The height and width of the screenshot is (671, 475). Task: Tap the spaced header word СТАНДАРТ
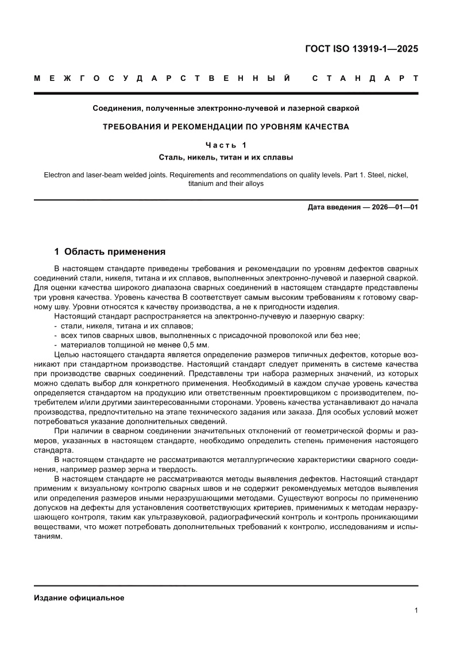coord(365,78)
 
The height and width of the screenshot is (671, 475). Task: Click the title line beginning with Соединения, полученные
coord(226,108)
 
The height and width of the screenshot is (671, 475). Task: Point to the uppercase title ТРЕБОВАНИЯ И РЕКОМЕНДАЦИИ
coord(226,126)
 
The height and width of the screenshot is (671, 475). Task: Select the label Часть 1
coord(226,145)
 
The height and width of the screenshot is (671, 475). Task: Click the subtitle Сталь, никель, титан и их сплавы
coord(226,156)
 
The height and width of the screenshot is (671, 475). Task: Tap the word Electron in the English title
coord(58,174)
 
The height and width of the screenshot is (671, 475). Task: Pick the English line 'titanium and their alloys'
coord(226,184)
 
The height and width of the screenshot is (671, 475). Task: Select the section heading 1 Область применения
coord(109,251)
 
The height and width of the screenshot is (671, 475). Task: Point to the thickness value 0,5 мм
coord(196,345)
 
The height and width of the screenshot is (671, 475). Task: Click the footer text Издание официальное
coord(79,598)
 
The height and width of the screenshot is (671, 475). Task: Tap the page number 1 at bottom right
coord(415,611)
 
